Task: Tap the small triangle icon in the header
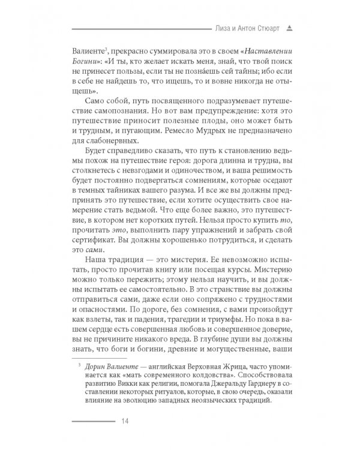point(289,27)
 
